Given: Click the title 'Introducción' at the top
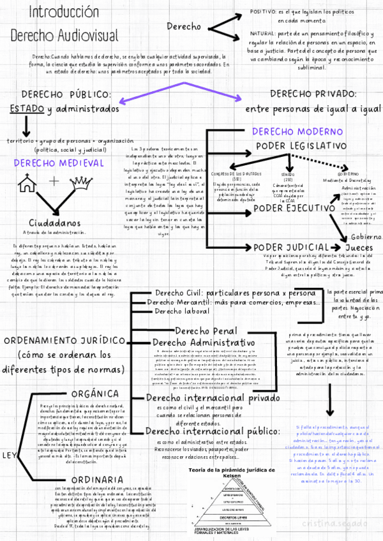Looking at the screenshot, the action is pyautogui.click(x=55, y=13).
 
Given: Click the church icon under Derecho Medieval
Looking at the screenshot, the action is pyautogui.click(x=27, y=184).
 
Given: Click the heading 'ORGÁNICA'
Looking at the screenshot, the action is pyautogui.click(x=94, y=392).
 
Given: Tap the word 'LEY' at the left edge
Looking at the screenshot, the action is pyautogui.click(x=10, y=438).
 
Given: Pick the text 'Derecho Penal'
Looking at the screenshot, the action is pyautogui.click(x=206, y=332).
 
